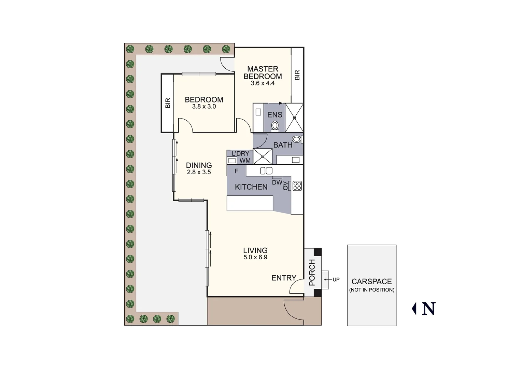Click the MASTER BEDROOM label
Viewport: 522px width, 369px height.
(x=263, y=72)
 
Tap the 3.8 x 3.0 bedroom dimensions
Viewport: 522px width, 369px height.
(x=204, y=107)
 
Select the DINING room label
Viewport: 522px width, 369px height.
(x=199, y=165)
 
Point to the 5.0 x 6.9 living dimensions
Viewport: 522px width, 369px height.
(x=255, y=257)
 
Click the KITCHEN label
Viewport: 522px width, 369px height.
(x=251, y=187)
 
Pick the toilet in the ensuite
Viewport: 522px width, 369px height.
(x=274, y=126)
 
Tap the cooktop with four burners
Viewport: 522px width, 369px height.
(x=297, y=186)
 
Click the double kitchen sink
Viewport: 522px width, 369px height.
(x=266, y=170)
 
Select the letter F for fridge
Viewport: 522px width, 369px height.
(x=236, y=171)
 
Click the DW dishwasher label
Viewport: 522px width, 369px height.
(x=277, y=182)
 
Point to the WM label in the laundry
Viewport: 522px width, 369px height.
(x=245, y=161)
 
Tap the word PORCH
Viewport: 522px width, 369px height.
(x=312, y=272)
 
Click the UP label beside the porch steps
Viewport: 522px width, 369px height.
(x=336, y=279)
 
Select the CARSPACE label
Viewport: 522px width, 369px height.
(x=371, y=282)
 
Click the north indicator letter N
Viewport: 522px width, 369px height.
(x=429, y=309)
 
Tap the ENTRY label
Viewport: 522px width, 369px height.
(x=284, y=278)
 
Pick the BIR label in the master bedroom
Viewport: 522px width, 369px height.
(x=297, y=75)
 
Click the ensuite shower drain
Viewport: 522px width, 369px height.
(x=294, y=118)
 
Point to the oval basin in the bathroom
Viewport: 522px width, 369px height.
(x=296, y=139)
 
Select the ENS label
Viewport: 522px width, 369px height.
(x=274, y=115)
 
